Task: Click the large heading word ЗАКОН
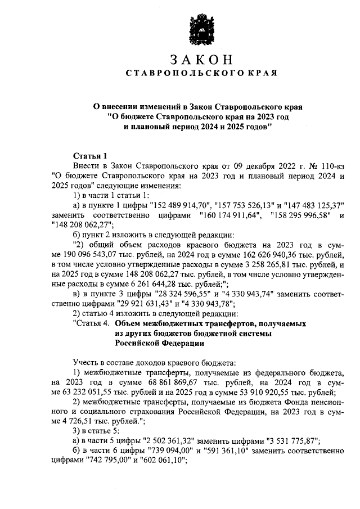coord(200,59)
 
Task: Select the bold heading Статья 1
coord(89,155)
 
